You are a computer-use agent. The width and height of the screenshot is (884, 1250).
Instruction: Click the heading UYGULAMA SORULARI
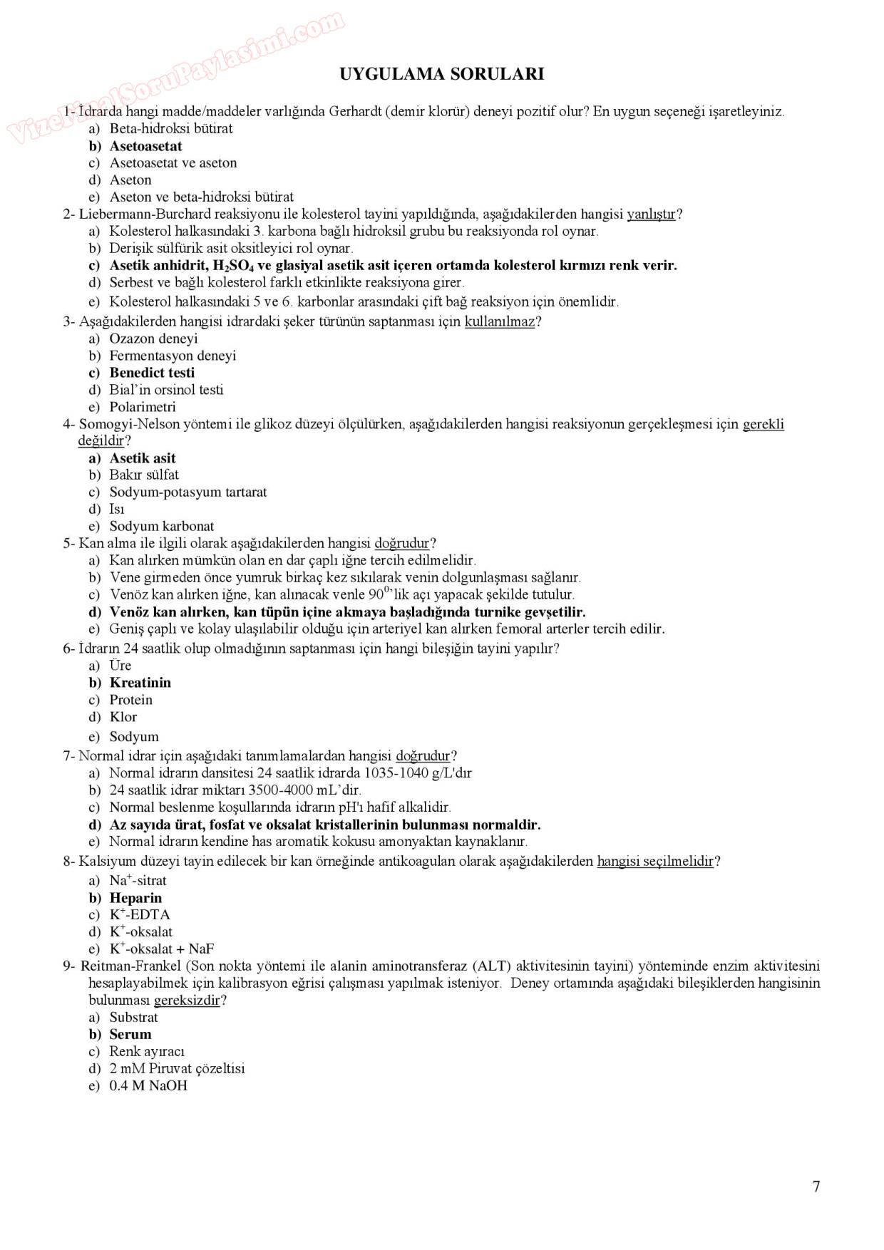click(441, 74)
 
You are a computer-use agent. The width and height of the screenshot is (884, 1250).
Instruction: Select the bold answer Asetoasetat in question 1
click(145, 146)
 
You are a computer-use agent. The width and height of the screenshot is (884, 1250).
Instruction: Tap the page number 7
click(816, 1187)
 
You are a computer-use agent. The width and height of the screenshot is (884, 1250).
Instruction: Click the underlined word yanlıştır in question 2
click(651, 214)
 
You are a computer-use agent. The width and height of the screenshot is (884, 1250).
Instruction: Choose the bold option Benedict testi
click(151, 373)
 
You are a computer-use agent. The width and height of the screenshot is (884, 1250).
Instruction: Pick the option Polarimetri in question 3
click(142, 407)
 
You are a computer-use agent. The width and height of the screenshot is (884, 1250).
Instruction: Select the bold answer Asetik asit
click(142, 458)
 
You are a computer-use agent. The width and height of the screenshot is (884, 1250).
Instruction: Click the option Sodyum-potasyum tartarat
click(188, 492)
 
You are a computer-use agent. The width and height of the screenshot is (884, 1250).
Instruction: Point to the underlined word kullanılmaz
click(499, 321)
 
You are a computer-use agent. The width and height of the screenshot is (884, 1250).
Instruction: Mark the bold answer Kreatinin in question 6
click(140, 683)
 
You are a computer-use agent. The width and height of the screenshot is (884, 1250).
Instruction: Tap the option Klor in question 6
click(123, 717)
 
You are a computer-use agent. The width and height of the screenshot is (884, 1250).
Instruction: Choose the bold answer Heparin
click(135, 898)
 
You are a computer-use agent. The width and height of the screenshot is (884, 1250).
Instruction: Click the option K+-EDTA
click(139, 914)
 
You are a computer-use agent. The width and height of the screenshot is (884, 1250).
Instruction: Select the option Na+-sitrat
click(138, 881)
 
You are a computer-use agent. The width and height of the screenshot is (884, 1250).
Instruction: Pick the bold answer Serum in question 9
click(130, 1034)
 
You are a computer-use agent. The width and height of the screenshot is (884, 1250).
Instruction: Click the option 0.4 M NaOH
click(148, 1085)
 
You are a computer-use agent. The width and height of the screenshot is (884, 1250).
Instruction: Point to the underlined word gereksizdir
click(187, 1000)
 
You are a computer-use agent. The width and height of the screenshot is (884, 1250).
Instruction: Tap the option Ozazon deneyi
click(153, 339)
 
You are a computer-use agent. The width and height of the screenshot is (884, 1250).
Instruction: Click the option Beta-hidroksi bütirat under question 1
click(171, 129)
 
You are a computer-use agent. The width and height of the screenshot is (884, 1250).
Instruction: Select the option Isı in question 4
click(117, 509)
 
